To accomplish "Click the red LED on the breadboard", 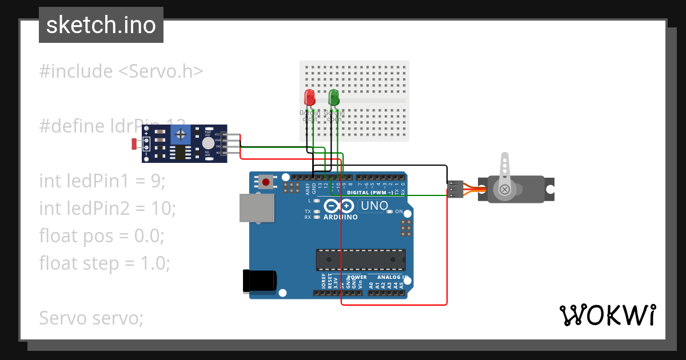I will pos(309,97).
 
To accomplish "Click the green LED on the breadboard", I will pos(334,97).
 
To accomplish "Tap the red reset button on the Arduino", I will pos(266,182).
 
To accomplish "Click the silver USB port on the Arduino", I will pos(257,208).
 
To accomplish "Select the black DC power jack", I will pos(260,281).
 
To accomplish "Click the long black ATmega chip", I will pos(361,259).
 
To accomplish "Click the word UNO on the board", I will pos(375,206).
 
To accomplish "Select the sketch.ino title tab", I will pos(101,25).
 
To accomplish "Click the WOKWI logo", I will pos(607,315).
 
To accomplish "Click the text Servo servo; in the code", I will pos(91,318).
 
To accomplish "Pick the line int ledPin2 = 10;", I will pos(107,209).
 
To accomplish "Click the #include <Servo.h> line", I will pos(121,71).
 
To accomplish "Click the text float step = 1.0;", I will pos(105,263).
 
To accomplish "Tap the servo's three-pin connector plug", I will pos(455,189).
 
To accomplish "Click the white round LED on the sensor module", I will pos(208,143).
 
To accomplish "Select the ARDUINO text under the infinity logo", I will pos(340,217).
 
